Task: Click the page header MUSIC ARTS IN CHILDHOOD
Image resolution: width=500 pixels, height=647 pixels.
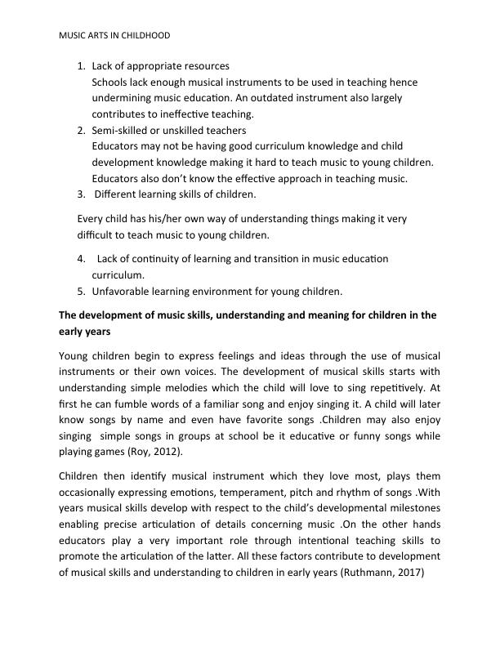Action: pyautogui.click(x=115, y=36)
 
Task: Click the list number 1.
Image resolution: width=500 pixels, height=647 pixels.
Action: pyautogui.click(x=80, y=65)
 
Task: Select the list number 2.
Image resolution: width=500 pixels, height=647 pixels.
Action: pyautogui.click(x=80, y=130)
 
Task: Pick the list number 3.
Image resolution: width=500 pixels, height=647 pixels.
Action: pyautogui.click(x=80, y=194)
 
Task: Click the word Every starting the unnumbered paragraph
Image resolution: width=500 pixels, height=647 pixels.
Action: pyautogui.click(x=91, y=219)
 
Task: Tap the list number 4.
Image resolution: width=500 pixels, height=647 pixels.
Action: pyautogui.click(x=80, y=259)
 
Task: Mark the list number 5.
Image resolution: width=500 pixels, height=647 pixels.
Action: pyautogui.click(x=80, y=291)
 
